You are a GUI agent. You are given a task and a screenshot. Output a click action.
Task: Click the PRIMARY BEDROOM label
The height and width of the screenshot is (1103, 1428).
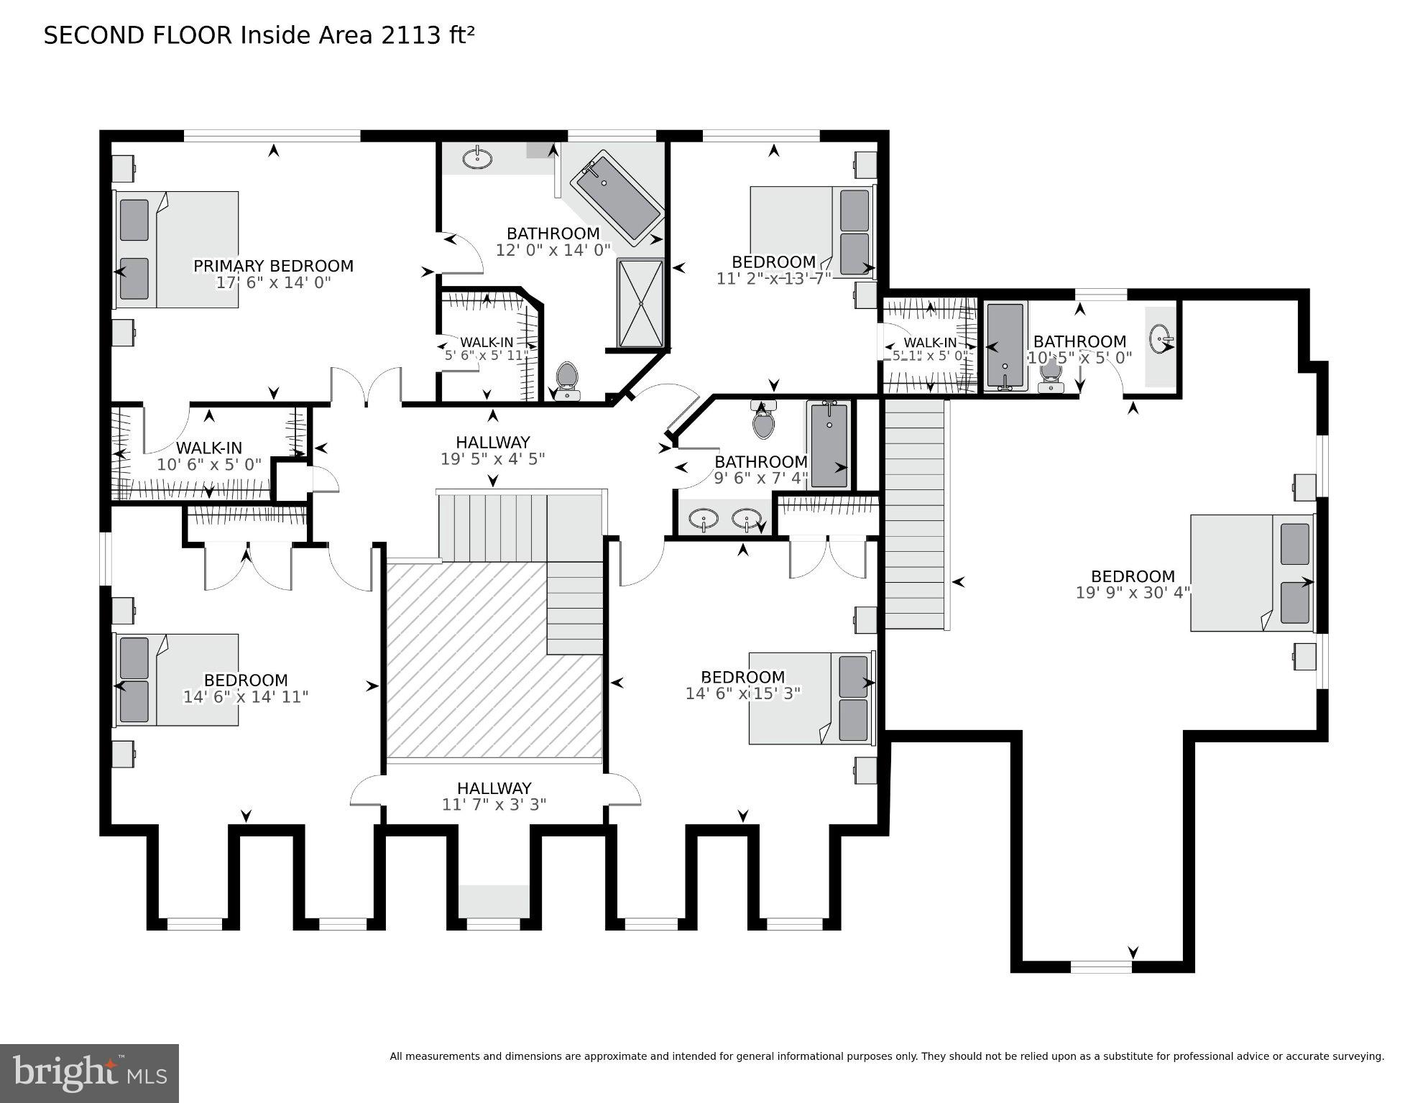[273, 267]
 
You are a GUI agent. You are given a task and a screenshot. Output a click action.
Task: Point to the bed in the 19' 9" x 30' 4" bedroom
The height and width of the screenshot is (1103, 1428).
[1252, 573]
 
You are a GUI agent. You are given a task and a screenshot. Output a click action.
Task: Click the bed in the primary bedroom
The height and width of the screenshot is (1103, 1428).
[177, 249]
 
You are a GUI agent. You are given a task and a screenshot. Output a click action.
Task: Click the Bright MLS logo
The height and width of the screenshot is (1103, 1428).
[89, 1073]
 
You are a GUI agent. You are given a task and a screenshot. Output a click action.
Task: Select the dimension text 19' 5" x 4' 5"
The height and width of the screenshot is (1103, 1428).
[493, 459]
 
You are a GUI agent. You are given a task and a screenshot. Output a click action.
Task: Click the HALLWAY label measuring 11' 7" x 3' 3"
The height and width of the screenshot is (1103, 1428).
[494, 788]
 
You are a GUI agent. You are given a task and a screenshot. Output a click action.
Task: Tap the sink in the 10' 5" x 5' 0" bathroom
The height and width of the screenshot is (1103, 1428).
[1160, 337]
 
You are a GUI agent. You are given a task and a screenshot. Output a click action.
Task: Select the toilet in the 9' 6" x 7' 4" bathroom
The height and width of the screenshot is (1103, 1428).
[764, 421]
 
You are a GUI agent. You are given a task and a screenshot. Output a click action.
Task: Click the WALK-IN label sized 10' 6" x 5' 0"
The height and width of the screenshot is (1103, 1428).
[208, 448]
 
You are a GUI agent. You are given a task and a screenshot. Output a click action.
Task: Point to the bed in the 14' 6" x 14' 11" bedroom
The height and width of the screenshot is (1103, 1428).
[177, 680]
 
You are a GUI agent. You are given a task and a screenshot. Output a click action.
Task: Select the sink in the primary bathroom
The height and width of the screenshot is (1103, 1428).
[476, 157]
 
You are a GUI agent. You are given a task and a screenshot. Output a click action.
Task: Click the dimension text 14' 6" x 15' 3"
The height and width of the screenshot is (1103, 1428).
[743, 693]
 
